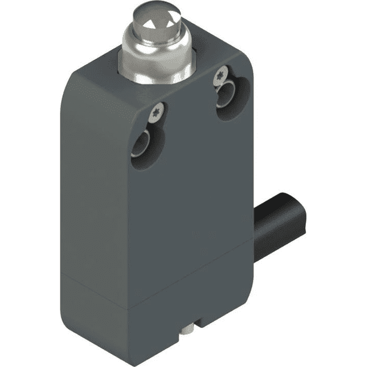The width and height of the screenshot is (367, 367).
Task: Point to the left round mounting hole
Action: (145, 146)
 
